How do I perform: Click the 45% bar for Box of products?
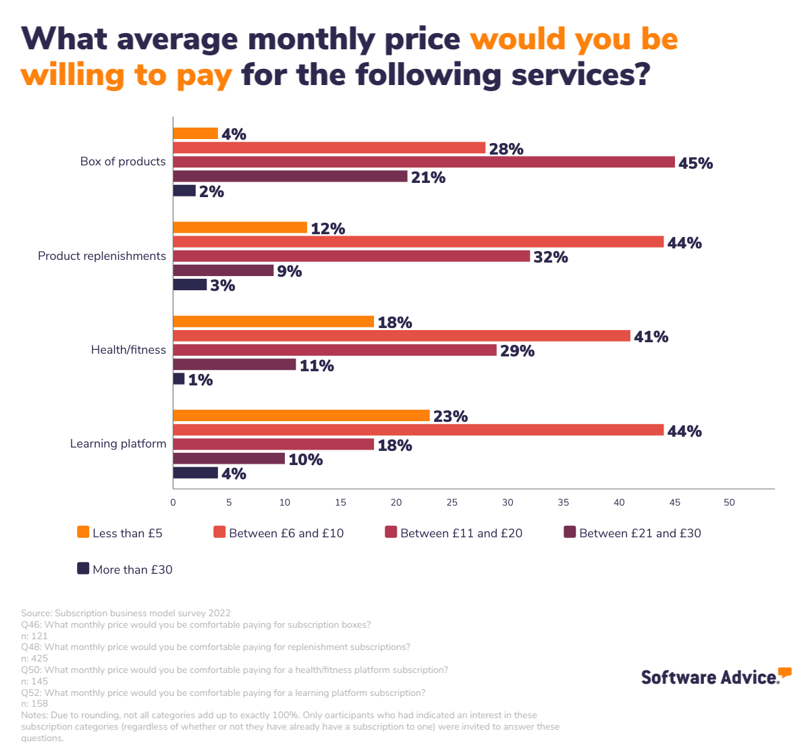(424, 162)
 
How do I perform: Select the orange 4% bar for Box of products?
(196, 134)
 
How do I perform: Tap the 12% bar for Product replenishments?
(240, 227)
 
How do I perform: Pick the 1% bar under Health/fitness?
(179, 379)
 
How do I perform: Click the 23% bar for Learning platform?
(302, 415)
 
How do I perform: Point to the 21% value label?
(428, 178)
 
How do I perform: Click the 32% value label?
(550, 257)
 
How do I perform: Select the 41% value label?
(651, 337)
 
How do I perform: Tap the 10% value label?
(305, 460)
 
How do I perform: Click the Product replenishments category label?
(102, 256)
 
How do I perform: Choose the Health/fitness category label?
(128, 350)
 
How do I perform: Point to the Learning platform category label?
(118, 443)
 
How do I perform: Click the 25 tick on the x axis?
(452, 502)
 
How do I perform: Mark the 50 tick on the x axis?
(729, 502)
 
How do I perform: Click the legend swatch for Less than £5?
(83, 532)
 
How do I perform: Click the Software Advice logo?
(715, 676)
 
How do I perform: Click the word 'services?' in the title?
(580, 74)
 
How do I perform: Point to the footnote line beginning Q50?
(234, 670)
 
